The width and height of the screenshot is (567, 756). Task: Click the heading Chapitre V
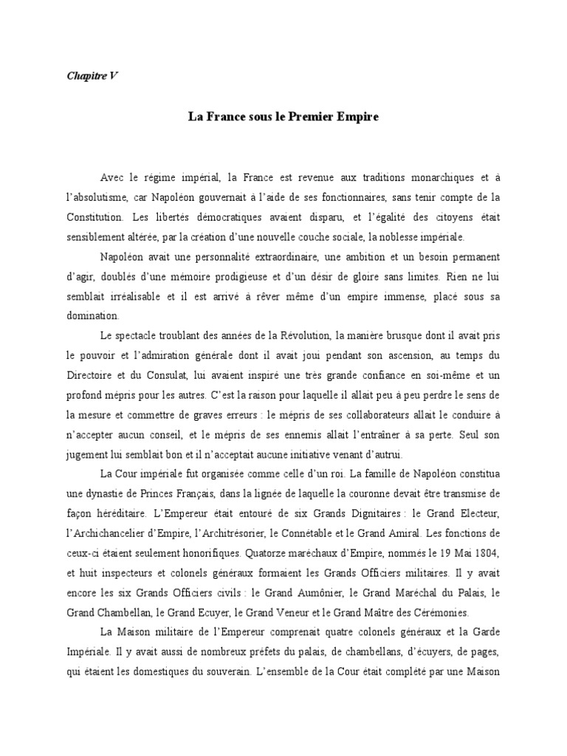tap(88, 78)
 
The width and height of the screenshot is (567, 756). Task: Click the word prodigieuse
tap(230, 277)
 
